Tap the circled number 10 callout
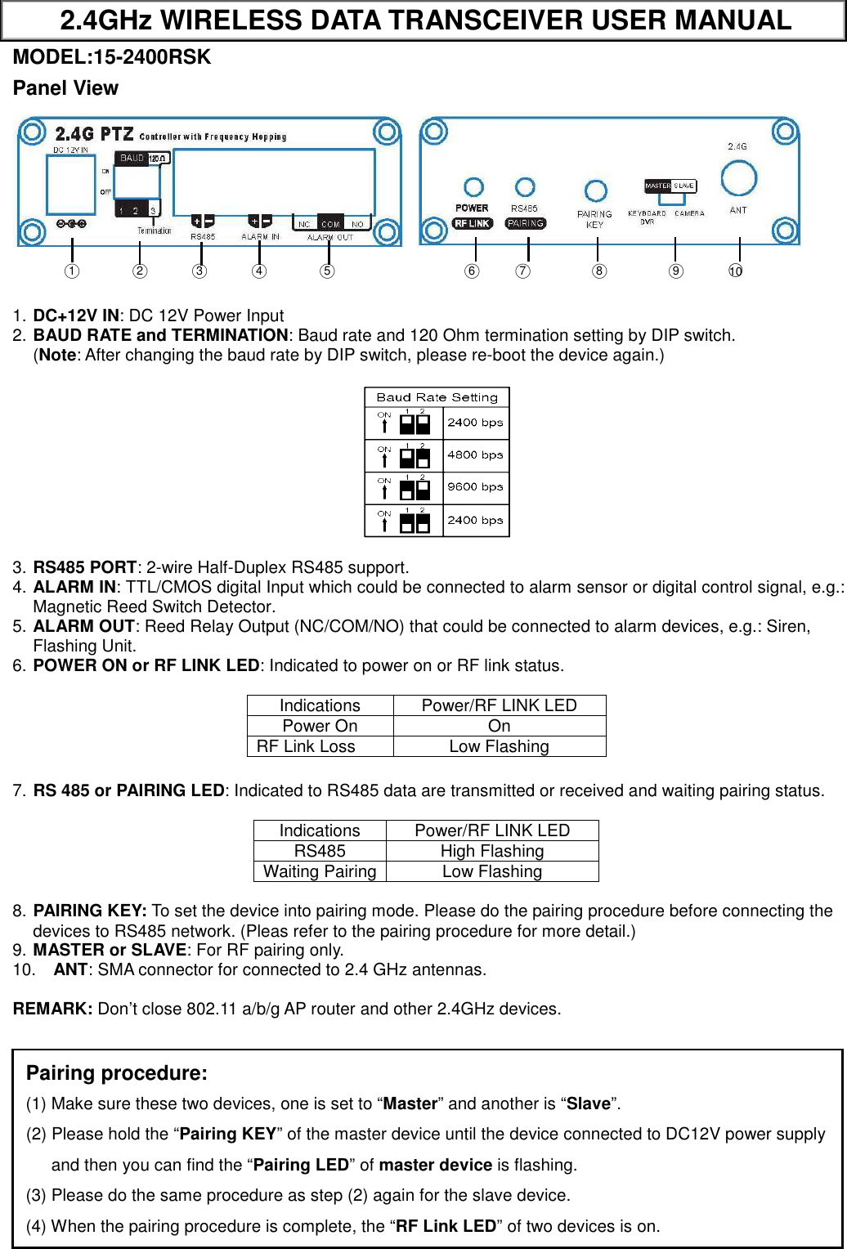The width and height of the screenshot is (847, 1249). point(736,271)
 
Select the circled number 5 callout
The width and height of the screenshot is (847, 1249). point(327,271)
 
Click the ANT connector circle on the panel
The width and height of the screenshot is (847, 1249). point(737,177)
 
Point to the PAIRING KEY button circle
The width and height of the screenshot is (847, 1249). point(596,191)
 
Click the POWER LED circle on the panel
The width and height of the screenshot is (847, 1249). point(473,187)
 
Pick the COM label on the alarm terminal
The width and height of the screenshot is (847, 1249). point(330,223)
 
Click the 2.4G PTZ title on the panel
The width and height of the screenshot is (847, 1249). point(94,133)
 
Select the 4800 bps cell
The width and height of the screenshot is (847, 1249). point(475,455)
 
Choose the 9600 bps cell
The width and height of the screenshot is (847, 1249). point(475,487)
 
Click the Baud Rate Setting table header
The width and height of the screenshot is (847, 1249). point(437,397)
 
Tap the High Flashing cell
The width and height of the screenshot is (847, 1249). point(491,851)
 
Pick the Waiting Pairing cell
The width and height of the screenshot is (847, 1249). point(320,871)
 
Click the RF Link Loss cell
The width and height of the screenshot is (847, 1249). point(307,746)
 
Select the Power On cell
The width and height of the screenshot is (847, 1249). point(320,726)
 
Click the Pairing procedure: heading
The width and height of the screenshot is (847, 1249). point(117,1073)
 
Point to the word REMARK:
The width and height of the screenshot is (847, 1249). point(52,1009)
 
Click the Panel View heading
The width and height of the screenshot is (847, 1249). point(65,88)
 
